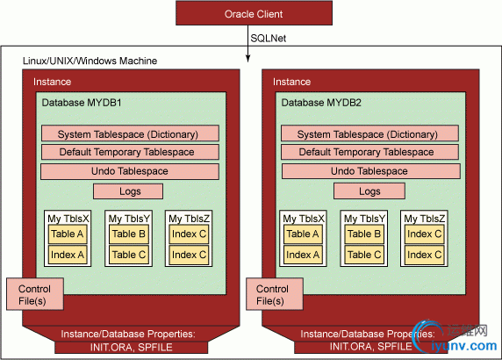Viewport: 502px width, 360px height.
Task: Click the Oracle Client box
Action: pos(254,13)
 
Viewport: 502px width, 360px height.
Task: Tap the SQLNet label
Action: pos(268,39)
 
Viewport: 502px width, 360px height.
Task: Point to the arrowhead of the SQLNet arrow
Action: pos(247,58)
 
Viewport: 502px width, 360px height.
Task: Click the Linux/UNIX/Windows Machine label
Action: pos(90,61)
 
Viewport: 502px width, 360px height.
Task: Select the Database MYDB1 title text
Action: pos(82,103)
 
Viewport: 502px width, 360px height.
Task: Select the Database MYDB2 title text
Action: pos(321,103)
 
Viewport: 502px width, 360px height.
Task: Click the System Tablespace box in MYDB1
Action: pos(130,133)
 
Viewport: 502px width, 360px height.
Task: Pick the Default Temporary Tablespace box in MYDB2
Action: pos(369,152)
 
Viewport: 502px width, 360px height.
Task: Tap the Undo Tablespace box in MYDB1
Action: pos(130,172)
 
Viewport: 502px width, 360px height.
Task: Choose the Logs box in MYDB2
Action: pos(369,191)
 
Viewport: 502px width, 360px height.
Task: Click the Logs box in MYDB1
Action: pos(128,191)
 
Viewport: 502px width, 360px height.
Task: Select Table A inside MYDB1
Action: pos(68,234)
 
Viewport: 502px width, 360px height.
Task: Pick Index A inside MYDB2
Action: pos(303,255)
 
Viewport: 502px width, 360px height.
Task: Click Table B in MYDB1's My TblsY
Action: pos(129,234)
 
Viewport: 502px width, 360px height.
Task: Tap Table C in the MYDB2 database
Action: pos(364,255)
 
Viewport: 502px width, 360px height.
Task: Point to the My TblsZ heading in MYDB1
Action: pos(190,219)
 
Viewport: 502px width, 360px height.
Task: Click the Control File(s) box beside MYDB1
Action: pos(35,294)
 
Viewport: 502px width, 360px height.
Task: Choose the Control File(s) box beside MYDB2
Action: pos(275,294)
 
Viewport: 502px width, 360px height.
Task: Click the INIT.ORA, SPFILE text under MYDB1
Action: pos(132,348)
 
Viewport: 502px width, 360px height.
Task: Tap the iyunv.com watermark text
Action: pos(464,346)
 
